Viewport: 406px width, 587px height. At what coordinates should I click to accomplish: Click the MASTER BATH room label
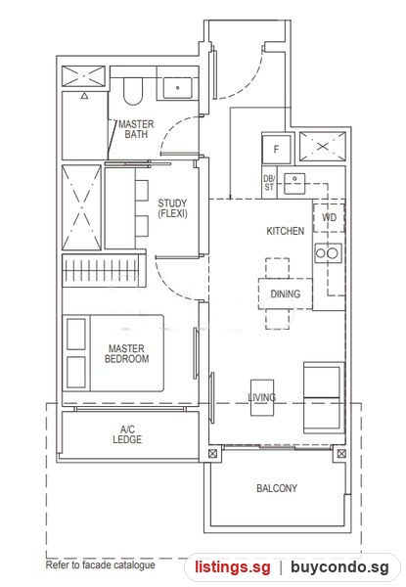136,129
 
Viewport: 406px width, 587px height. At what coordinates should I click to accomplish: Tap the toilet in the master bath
133,91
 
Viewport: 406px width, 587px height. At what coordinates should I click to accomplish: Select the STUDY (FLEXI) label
172,208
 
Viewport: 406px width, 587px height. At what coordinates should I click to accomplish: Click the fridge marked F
276,149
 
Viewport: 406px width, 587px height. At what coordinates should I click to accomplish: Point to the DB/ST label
269,183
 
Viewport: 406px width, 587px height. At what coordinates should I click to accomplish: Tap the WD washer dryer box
329,217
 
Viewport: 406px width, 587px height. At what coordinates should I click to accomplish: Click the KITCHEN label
285,231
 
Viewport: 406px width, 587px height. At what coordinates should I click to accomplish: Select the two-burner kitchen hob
328,253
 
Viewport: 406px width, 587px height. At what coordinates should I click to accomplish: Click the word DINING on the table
286,293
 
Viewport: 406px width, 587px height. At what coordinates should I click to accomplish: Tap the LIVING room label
262,397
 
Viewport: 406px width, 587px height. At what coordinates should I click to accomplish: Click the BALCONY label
277,488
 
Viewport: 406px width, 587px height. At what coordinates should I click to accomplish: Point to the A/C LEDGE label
127,434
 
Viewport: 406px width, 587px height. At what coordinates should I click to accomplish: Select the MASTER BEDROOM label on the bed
126,354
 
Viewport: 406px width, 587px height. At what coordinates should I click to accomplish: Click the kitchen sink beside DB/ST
294,184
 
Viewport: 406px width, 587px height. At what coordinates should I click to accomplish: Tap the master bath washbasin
178,88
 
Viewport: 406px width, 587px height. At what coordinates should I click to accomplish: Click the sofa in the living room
324,397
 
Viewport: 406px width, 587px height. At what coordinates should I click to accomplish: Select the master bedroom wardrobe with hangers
104,270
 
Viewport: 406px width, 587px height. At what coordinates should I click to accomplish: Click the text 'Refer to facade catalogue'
101,564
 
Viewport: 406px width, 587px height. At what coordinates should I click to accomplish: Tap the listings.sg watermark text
233,567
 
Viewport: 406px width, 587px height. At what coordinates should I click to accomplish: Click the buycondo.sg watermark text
339,567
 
